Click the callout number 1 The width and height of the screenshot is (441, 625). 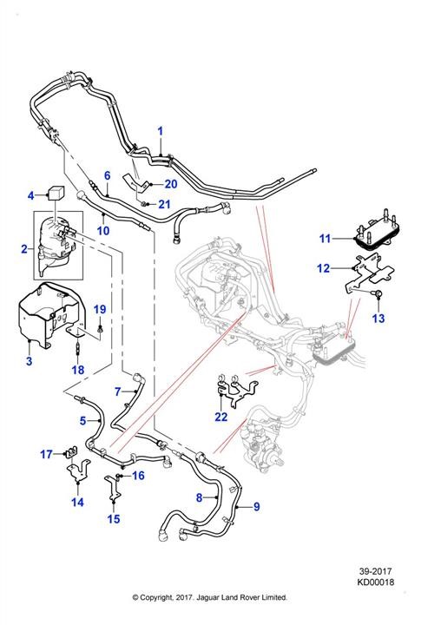click(161, 131)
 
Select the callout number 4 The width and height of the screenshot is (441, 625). click(31, 195)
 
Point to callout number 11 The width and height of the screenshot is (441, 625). click(325, 239)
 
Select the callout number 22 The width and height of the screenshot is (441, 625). click(220, 417)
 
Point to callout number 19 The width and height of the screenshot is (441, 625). click(100, 309)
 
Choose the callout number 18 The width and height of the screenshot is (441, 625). click(78, 370)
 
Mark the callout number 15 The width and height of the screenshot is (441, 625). click(114, 518)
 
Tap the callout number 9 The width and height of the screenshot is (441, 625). click(256, 507)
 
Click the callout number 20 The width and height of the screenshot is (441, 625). click(171, 184)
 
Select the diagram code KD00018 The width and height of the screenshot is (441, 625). click(375, 582)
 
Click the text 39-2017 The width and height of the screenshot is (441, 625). click(375, 571)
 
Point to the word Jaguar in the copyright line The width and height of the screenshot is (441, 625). click(206, 597)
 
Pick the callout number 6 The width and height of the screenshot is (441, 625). click(107, 175)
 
